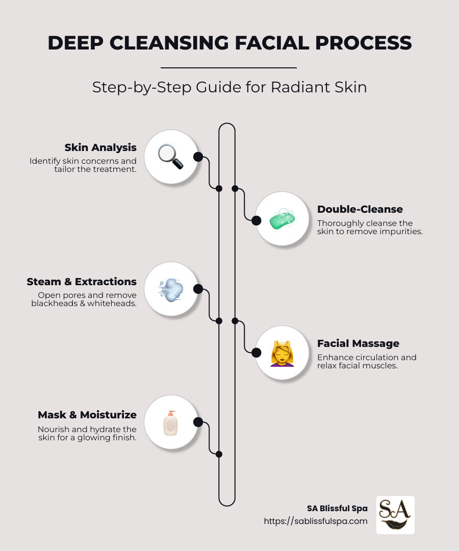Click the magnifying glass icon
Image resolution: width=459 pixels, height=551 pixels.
[170, 157]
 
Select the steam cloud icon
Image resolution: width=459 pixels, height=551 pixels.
[170, 289]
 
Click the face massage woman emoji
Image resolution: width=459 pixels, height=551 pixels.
[282, 353]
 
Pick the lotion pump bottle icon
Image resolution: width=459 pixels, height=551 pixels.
[170, 422]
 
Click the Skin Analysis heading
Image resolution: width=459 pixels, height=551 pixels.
[100, 147]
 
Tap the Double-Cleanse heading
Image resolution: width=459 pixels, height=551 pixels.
[360, 209]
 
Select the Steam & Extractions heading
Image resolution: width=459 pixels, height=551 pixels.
[82, 282]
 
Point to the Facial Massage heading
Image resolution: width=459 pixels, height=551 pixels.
[358, 343]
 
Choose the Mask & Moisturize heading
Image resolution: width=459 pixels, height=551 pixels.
[87, 415]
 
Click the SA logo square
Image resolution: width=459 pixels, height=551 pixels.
[395, 515]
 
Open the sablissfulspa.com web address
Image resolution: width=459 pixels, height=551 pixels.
[315, 521]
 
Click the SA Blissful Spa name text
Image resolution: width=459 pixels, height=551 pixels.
[337, 508]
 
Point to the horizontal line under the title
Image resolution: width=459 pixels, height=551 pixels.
[228, 67]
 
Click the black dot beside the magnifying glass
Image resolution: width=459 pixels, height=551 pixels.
[198, 157]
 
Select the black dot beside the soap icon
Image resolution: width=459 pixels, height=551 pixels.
[257, 220]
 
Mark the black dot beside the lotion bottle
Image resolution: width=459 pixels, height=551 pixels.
[198, 422]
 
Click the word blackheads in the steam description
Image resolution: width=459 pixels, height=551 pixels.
[56, 303]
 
